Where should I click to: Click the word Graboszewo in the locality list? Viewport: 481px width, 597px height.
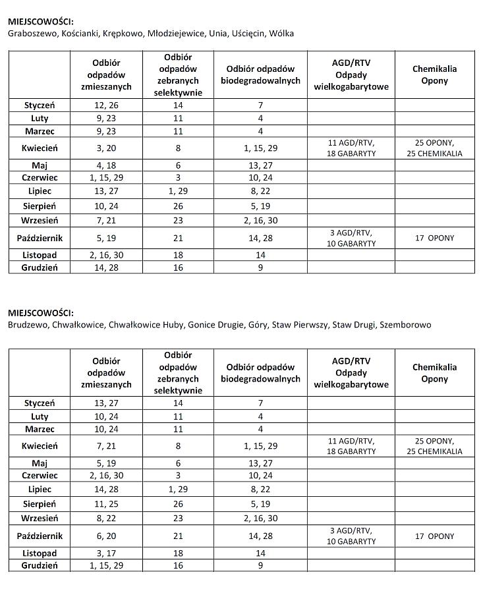[x=31, y=33]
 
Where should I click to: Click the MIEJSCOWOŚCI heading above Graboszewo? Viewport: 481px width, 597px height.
[x=41, y=22]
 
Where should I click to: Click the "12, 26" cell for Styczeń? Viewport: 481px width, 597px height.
[x=106, y=105]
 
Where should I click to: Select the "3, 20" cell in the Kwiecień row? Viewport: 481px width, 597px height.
[x=106, y=148]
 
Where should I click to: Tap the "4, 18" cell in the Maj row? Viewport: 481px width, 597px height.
[x=106, y=165]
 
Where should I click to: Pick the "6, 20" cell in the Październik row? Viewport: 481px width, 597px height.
[x=106, y=536]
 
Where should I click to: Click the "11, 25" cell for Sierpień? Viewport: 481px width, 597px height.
[x=106, y=504]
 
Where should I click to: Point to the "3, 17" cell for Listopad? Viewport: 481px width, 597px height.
[x=106, y=554]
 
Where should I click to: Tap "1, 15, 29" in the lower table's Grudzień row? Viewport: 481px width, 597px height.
[x=106, y=565]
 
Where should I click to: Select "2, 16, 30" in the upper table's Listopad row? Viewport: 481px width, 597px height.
[x=106, y=255]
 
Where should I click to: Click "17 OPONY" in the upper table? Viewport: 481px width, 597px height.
[x=434, y=239]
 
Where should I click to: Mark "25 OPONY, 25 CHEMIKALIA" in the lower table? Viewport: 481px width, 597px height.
[x=434, y=446]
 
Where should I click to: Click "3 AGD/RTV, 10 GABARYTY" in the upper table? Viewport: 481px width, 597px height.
[x=351, y=239]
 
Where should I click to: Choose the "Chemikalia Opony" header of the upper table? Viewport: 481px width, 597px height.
[x=434, y=74]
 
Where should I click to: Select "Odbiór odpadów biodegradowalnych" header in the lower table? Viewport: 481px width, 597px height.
[x=260, y=373]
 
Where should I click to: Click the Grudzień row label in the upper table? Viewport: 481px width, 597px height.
[x=40, y=268]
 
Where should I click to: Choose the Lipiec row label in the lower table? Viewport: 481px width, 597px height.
[x=40, y=490]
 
